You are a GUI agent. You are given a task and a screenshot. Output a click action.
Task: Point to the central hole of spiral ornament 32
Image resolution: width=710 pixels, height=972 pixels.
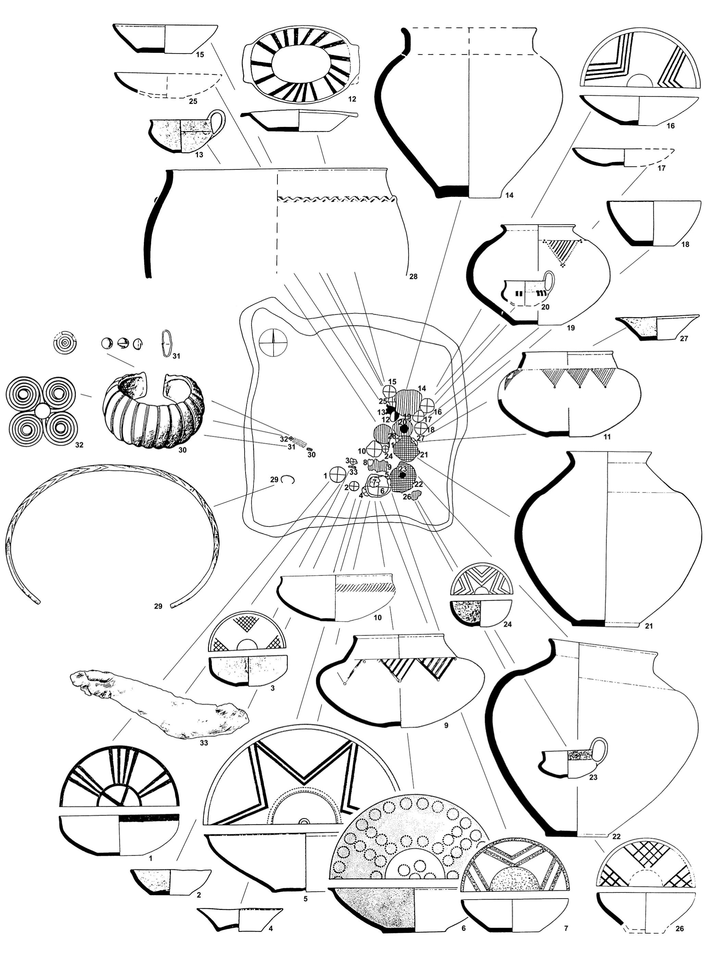point(42,412)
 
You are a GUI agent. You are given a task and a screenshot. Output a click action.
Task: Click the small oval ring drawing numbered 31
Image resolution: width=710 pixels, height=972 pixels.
point(166,343)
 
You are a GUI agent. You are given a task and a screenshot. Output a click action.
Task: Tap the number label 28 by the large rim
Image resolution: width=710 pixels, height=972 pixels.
point(413,277)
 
